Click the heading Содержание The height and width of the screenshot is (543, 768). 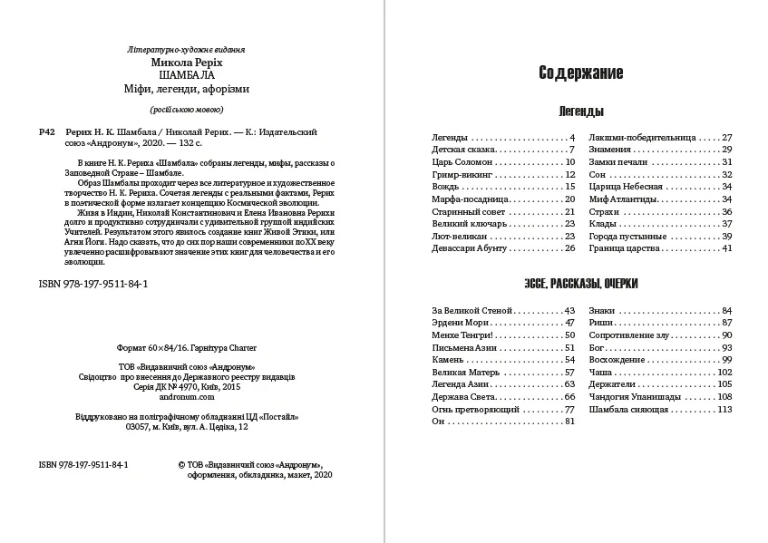580,73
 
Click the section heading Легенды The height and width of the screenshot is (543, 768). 580,112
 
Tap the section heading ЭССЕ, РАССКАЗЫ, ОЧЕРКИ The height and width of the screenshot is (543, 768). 580,284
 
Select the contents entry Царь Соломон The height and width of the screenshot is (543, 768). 461,161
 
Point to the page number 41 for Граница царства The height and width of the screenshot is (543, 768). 726,247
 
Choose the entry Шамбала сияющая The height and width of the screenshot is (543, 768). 628,409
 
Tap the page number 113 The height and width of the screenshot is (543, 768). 724,409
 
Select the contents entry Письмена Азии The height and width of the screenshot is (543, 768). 465,347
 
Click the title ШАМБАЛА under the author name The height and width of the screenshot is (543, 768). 186,76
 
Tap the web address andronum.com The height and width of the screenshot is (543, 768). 187,396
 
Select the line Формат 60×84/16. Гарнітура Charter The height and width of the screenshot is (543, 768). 187,347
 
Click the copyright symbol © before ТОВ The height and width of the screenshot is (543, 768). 182,463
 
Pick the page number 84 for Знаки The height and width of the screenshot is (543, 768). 726,310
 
